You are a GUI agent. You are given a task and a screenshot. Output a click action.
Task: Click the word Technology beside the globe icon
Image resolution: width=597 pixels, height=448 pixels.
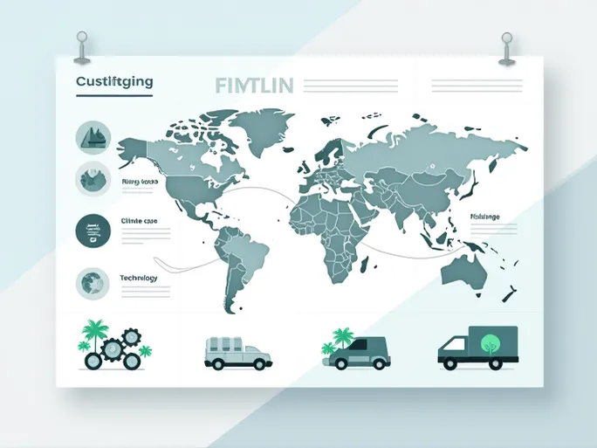click(138, 278)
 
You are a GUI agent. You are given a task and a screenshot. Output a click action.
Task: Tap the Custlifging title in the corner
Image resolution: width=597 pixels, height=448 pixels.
click(114, 81)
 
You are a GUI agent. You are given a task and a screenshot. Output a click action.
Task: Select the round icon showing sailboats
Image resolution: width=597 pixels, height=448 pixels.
click(93, 134)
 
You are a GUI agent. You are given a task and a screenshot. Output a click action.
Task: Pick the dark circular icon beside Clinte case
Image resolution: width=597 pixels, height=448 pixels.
click(93, 231)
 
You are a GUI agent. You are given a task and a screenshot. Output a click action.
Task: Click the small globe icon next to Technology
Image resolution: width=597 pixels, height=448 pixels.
click(92, 282)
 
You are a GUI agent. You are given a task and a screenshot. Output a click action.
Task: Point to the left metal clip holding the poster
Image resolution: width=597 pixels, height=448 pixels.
click(82, 47)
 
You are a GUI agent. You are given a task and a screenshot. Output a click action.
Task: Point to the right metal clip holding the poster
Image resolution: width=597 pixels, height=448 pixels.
click(506, 47)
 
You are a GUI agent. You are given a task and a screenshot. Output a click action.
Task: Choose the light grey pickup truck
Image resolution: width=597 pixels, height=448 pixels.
click(237, 351)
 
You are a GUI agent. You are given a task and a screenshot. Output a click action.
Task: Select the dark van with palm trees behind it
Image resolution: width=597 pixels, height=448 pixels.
click(360, 351)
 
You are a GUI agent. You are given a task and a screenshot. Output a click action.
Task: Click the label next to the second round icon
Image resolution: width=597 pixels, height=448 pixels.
click(139, 182)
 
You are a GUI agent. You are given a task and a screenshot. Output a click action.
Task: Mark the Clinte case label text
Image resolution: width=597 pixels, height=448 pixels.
click(140, 222)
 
